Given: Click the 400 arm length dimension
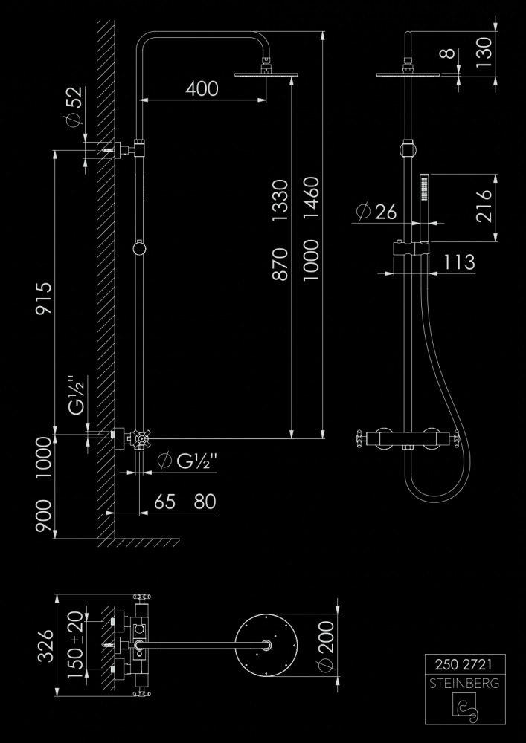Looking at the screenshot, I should coord(202,88).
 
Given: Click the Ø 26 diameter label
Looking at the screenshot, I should coord(376,212).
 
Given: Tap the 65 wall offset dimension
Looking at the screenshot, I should coord(165,502).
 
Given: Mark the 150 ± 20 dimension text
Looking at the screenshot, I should coord(74,643).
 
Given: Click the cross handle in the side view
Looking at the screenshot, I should coord(138,439).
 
